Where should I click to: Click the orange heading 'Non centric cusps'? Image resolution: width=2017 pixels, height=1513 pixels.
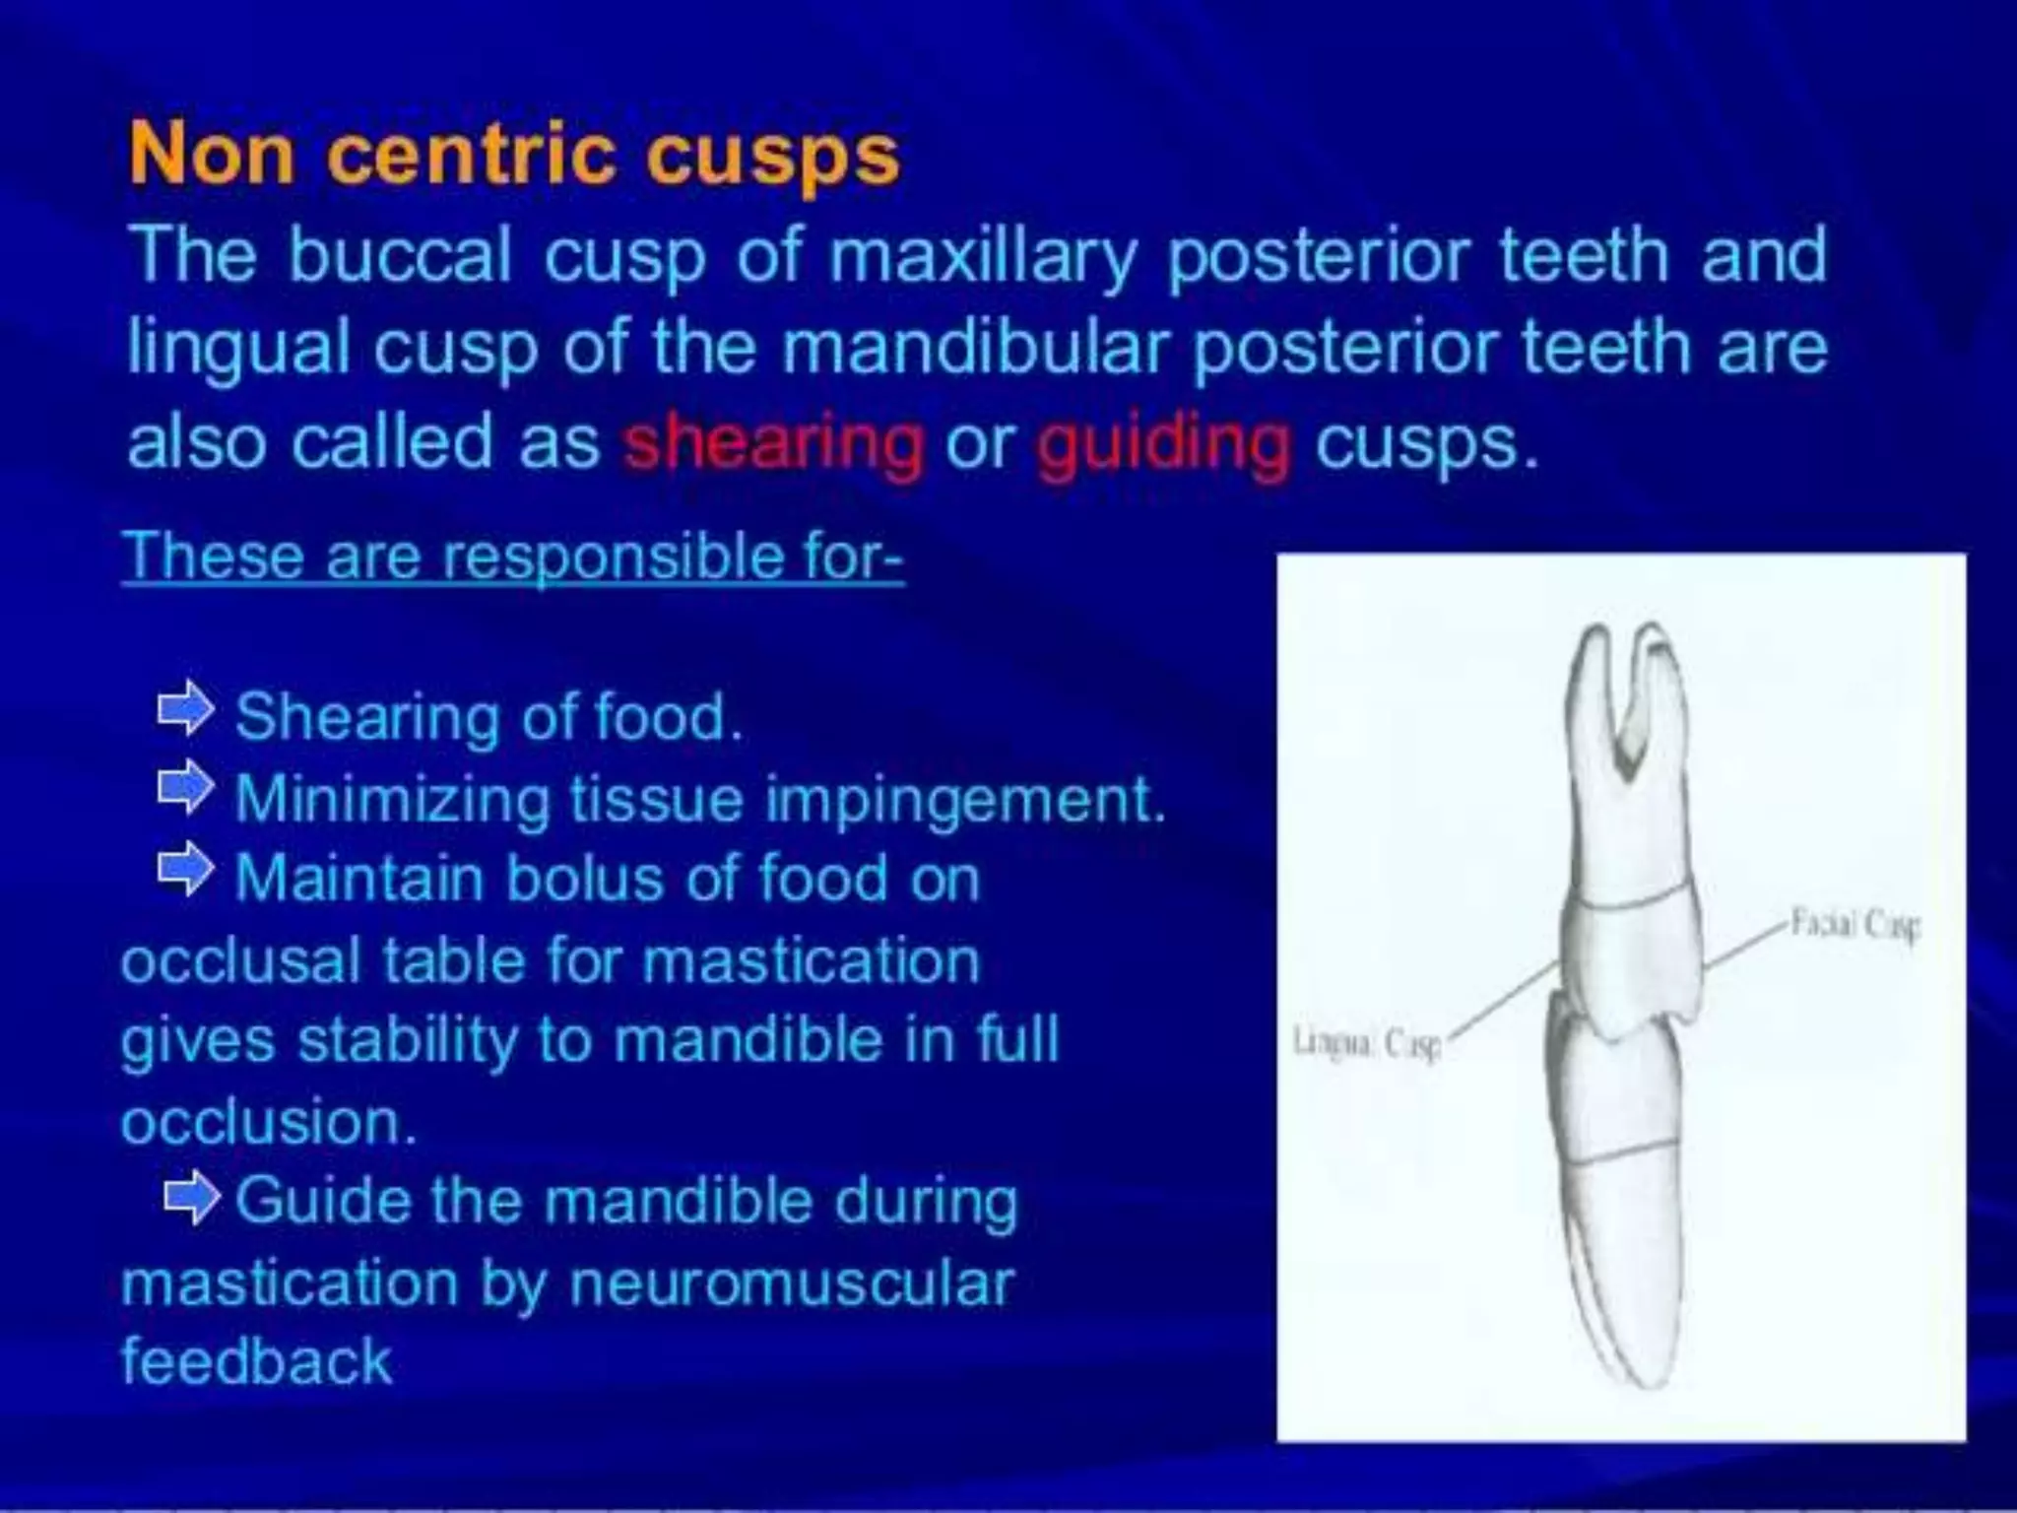click(x=514, y=155)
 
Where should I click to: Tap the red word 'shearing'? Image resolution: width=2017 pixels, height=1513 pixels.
click(x=773, y=443)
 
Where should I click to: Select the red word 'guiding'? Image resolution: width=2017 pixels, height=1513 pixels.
click(x=1163, y=443)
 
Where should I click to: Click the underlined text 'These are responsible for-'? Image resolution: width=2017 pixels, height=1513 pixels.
click(x=512, y=557)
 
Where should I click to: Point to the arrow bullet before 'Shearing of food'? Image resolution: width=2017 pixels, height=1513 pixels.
click(x=185, y=709)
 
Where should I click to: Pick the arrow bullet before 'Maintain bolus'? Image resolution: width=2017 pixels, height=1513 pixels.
click(x=185, y=870)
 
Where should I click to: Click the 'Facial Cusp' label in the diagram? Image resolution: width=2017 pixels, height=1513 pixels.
click(x=1854, y=926)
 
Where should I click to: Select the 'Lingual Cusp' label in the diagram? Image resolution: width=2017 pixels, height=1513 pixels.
click(x=1367, y=1043)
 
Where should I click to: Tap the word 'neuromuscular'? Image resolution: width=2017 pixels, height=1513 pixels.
click(x=791, y=1283)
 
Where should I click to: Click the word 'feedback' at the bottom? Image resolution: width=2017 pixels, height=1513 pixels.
click(x=256, y=1361)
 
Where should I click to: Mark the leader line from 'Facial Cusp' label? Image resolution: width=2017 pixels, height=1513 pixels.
click(x=1743, y=946)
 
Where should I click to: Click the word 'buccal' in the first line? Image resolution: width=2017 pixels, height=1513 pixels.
click(x=401, y=256)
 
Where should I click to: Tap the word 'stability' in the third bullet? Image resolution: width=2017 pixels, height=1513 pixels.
click(x=408, y=1041)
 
